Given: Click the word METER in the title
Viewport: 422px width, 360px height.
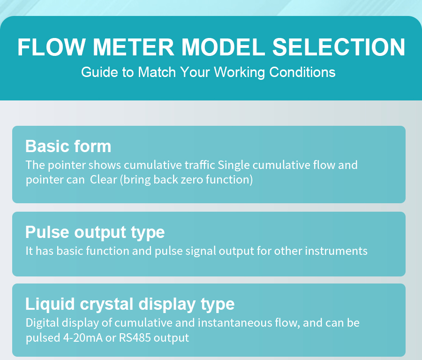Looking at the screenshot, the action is [134, 47].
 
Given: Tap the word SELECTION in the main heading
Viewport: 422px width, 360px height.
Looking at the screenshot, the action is [339, 47].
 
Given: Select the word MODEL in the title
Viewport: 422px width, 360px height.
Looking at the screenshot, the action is [223, 47].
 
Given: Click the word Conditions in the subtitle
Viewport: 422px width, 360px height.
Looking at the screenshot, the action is [302, 72].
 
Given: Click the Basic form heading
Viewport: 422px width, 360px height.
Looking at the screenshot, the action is [68, 146].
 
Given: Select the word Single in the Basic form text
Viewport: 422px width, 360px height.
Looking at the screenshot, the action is [234, 165].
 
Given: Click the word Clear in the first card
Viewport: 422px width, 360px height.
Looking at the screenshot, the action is [103, 180].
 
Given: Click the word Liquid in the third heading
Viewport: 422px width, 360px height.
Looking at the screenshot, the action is [50, 304].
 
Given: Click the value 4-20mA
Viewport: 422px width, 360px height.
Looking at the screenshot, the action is [83, 337].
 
